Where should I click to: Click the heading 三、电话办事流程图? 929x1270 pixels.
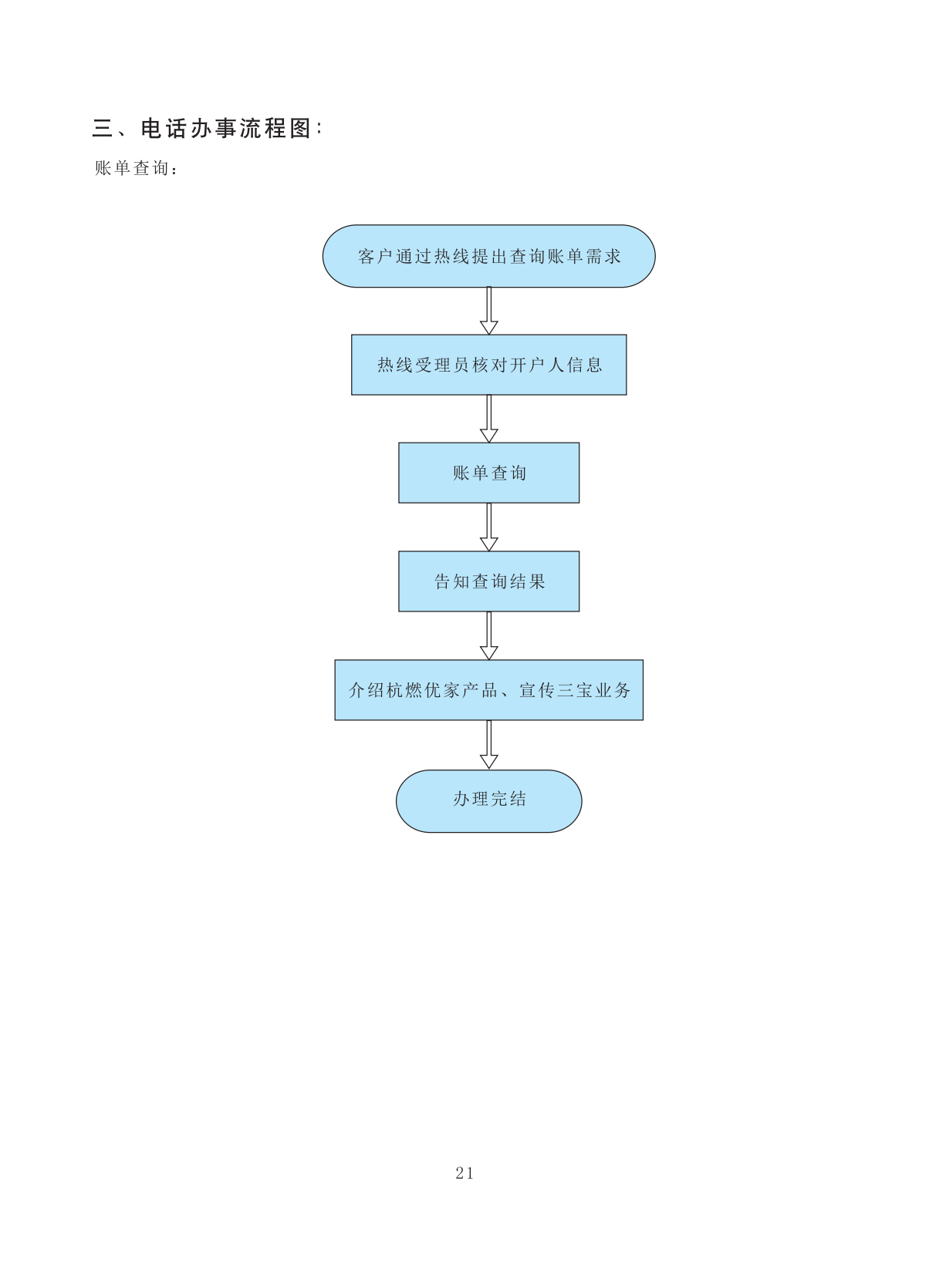(207, 128)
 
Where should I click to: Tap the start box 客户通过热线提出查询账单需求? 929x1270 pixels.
(488, 257)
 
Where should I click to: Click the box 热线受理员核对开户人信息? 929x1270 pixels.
(488, 365)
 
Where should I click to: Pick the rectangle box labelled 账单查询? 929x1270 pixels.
(488, 473)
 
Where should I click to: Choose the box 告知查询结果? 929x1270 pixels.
(488, 581)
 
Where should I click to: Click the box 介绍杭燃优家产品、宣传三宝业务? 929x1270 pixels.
(488, 690)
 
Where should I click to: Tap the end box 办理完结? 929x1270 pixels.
(488, 800)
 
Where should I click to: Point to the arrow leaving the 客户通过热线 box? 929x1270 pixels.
(488, 311)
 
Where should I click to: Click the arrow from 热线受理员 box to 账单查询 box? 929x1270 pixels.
(488, 419)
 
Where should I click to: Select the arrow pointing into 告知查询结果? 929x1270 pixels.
(488, 527)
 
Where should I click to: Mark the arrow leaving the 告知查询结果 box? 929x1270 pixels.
(488, 636)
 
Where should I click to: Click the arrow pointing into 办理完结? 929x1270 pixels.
(488, 745)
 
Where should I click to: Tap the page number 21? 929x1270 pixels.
(464, 1173)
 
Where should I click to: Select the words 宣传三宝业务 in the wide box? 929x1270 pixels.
(575, 690)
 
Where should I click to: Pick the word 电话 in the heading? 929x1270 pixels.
(164, 128)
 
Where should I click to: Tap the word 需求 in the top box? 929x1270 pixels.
(603, 257)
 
